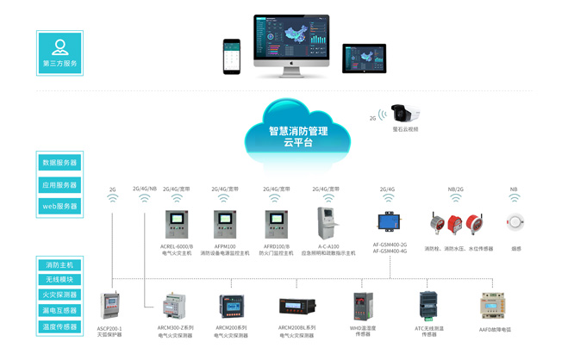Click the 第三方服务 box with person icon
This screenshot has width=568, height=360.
click(59, 52)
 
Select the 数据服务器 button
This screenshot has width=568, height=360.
click(59, 162)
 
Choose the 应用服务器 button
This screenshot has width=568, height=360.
click(59, 184)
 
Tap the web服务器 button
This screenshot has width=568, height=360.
click(59, 206)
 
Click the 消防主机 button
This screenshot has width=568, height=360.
click(59, 265)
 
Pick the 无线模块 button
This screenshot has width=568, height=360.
click(59, 280)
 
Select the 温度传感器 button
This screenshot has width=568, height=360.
click(59, 326)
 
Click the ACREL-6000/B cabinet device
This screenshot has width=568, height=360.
click(177, 225)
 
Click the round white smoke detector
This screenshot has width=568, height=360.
click(515, 222)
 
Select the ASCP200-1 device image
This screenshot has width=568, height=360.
click(109, 307)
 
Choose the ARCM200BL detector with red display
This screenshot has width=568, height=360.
click(296, 305)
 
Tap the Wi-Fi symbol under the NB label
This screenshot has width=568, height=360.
click(515, 197)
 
